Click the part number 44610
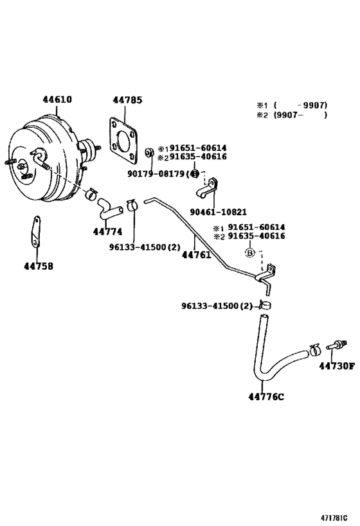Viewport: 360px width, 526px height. click(57, 100)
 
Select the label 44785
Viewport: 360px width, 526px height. click(127, 100)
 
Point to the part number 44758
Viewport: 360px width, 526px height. click(39, 266)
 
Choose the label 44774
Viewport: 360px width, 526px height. click(107, 231)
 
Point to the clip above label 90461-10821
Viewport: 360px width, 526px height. click(209, 188)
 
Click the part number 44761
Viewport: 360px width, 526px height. click(197, 254)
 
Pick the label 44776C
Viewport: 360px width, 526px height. click(265, 396)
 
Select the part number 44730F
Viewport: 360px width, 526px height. click(336, 366)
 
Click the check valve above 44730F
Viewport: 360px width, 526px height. click(336, 346)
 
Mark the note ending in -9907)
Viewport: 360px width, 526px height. click(292, 105)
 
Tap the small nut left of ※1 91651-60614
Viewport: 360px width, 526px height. click(148, 152)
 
